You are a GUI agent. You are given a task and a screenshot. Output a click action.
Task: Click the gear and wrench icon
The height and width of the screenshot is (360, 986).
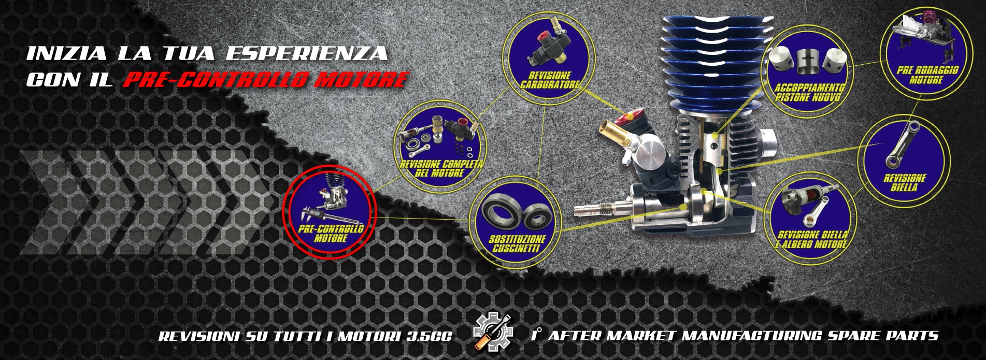tap(493, 333)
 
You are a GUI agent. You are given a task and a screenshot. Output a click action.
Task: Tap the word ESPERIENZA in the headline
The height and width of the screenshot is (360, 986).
tap(307, 53)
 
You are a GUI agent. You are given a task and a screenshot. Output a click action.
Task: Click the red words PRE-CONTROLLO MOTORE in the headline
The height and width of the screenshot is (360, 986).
tap(266, 79)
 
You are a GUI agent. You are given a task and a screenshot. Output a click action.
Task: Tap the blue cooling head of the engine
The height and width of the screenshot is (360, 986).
tap(715, 63)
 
